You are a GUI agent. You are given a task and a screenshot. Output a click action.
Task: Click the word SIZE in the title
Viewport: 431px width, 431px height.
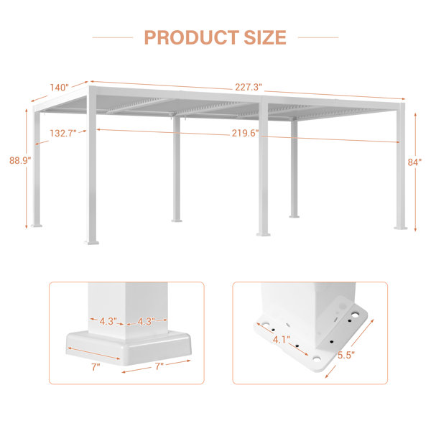pyautogui.click(x=265, y=37)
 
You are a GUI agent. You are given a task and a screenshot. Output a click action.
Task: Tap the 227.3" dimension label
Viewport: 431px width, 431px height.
pyautogui.click(x=249, y=87)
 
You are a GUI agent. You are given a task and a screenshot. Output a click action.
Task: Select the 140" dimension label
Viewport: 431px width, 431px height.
pyautogui.click(x=60, y=88)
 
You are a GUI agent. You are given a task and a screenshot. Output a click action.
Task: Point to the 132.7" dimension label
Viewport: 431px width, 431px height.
pyautogui.click(x=63, y=134)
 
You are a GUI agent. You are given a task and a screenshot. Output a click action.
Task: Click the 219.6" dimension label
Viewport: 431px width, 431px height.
pyautogui.click(x=245, y=133)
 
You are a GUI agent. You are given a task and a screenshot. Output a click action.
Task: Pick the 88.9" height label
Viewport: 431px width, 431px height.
pyautogui.click(x=20, y=160)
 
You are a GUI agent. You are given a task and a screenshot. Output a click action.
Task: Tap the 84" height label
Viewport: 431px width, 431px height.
pyautogui.click(x=414, y=162)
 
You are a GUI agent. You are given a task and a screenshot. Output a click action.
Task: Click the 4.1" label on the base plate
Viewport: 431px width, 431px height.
pyautogui.click(x=281, y=340)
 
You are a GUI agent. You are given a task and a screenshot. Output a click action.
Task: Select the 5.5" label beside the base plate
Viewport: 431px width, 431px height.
pyautogui.click(x=346, y=355)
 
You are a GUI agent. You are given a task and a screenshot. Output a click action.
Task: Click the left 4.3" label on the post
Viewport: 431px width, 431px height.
pyautogui.click(x=108, y=321)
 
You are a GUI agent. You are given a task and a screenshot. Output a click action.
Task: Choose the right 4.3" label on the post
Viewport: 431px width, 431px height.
pyautogui.click(x=146, y=321)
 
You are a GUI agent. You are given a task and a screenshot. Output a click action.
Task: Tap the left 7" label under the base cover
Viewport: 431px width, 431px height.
pyautogui.click(x=96, y=366)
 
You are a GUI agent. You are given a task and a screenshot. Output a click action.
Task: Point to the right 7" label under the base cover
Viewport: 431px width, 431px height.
pyautogui.click(x=159, y=366)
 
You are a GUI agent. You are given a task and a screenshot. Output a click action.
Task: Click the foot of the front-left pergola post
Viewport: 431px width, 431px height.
pyautogui.click(x=91, y=242)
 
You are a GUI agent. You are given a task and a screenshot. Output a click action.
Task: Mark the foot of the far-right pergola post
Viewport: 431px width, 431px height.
pyautogui.click(x=401, y=227)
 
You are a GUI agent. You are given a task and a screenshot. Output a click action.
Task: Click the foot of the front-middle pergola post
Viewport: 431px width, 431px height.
pyautogui.click(x=264, y=234)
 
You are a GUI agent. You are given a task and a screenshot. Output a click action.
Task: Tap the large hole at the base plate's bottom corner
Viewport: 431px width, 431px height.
pyautogui.click(x=316, y=359)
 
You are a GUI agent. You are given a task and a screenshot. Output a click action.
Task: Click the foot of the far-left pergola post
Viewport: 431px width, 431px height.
pyautogui.click(x=37, y=225)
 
